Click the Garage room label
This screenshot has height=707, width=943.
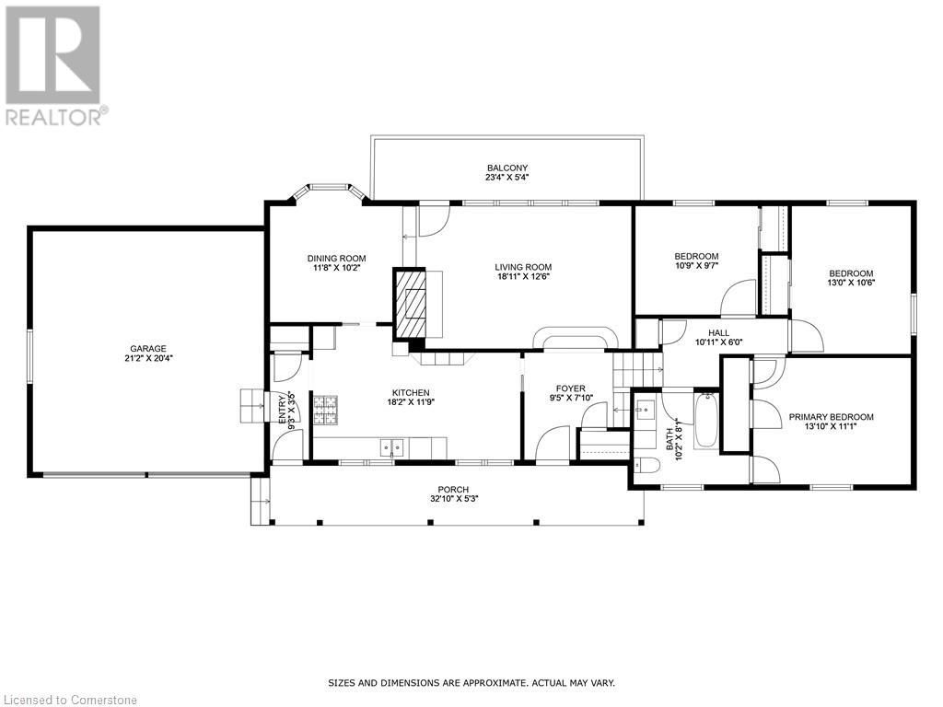click(148, 349)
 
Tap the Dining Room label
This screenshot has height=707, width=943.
click(337, 259)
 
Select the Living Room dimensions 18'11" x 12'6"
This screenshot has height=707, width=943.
click(523, 276)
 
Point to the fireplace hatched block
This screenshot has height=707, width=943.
click(410, 303)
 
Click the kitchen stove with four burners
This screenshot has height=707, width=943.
click(325, 410)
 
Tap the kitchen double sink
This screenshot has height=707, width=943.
click(392, 448)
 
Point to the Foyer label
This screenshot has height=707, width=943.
click(570, 389)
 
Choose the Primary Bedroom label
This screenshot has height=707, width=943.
click(832, 417)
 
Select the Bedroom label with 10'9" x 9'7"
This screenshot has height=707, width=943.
click(696, 256)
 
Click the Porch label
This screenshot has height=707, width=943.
click(453, 490)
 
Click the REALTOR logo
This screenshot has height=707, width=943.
click(54, 65)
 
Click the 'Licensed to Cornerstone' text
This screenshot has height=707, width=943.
click(70, 700)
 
